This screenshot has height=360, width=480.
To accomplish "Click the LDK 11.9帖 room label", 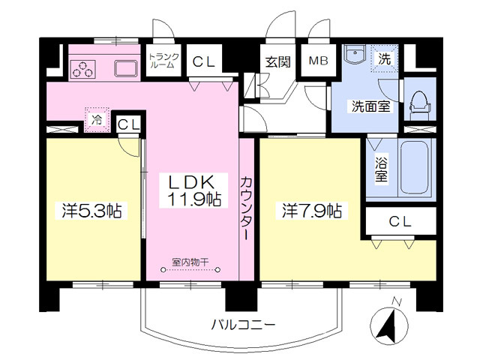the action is [193, 190].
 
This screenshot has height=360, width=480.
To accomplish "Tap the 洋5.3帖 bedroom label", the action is [91, 211].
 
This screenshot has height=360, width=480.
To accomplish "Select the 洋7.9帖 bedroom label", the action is [312, 211].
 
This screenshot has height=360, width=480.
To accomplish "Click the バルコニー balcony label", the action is [244, 325].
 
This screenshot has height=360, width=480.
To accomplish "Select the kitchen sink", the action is [126, 68].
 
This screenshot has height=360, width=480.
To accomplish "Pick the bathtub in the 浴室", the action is [414, 168].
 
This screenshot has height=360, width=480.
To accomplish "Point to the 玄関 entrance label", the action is [278, 62].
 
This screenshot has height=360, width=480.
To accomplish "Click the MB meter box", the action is [318, 61].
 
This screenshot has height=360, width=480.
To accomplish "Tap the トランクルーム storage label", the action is [163, 61].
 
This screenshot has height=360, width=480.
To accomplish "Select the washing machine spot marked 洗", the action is [385, 58].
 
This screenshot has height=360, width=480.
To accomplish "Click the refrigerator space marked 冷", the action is [97, 120].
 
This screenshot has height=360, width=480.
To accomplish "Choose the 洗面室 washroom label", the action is [370, 106].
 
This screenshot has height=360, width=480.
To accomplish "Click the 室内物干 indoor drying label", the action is [190, 262].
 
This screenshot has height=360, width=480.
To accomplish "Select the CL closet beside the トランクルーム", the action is [204, 61].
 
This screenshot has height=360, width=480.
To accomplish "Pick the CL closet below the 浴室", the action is [400, 221].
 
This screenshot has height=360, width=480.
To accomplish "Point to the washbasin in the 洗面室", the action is [355, 54].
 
